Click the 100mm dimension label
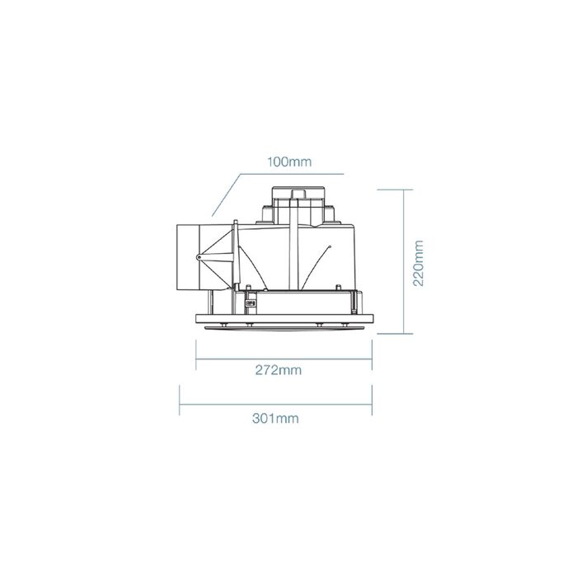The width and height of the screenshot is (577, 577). tap(289, 162)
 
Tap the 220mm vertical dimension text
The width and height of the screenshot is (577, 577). tap(419, 263)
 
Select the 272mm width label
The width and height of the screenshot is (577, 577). tap(279, 370)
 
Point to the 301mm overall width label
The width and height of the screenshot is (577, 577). tap(275, 419)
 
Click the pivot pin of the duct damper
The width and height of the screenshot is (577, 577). tap(199, 257)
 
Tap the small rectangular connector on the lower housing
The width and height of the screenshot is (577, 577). tap(251, 303)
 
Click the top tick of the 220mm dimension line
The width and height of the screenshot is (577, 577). tap(395, 190)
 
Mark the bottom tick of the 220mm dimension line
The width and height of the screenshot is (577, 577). tap(395, 334)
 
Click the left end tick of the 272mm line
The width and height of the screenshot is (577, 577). tap(196, 354)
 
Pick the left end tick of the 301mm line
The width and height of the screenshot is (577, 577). tap(179, 400)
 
